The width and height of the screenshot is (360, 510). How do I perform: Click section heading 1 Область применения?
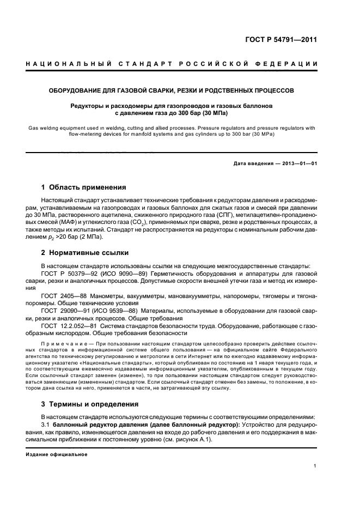click(84, 187)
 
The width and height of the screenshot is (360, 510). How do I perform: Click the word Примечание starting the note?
click(63, 346)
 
